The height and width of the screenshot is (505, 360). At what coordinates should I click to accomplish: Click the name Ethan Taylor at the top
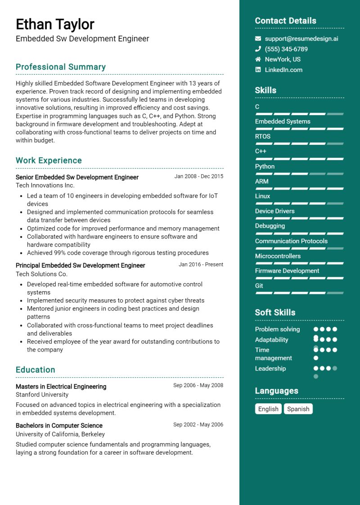pyautogui.click(x=55, y=24)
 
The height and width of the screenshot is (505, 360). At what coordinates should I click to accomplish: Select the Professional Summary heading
pyautogui.click(x=61, y=67)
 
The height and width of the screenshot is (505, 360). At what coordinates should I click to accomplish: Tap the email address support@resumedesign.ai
pyautogui.click(x=301, y=39)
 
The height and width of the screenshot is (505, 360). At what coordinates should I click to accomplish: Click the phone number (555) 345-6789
pyautogui.click(x=286, y=49)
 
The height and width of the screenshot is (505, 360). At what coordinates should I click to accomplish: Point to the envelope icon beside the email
pyautogui.click(x=258, y=39)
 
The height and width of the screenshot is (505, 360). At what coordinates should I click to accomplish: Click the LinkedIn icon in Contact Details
pyautogui.click(x=258, y=70)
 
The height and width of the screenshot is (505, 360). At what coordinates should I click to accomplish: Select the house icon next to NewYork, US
pyautogui.click(x=258, y=59)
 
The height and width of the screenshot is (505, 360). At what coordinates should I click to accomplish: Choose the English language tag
pyautogui.click(x=268, y=409)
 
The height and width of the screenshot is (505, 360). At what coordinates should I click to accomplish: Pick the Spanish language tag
pyautogui.click(x=298, y=409)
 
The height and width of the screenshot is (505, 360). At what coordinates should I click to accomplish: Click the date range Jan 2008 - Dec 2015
pyautogui.click(x=198, y=176)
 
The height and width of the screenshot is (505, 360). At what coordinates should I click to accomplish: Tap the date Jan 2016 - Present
pyautogui.click(x=201, y=265)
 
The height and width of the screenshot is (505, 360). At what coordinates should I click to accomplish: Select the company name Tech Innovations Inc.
pyautogui.click(x=45, y=185)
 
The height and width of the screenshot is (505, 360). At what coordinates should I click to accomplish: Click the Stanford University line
pyautogui.click(x=42, y=395)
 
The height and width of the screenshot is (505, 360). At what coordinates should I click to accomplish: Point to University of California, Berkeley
pyautogui.click(x=60, y=434)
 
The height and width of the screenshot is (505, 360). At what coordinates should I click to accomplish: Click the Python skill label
pyautogui.click(x=265, y=167)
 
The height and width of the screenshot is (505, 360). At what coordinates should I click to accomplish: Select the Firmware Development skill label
pyautogui.click(x=287, y=271)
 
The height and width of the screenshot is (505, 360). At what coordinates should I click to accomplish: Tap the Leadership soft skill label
pyautogui.click(x=270, y=369)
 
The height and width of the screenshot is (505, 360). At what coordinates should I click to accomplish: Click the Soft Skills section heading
pyautogui.click(x=275, y=312)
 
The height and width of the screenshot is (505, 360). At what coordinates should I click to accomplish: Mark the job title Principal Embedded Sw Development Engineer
pyautogui.click(x=80, y=266)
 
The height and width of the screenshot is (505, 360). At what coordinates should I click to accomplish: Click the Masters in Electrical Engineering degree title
pyautogui.click(x=61, y=387)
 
